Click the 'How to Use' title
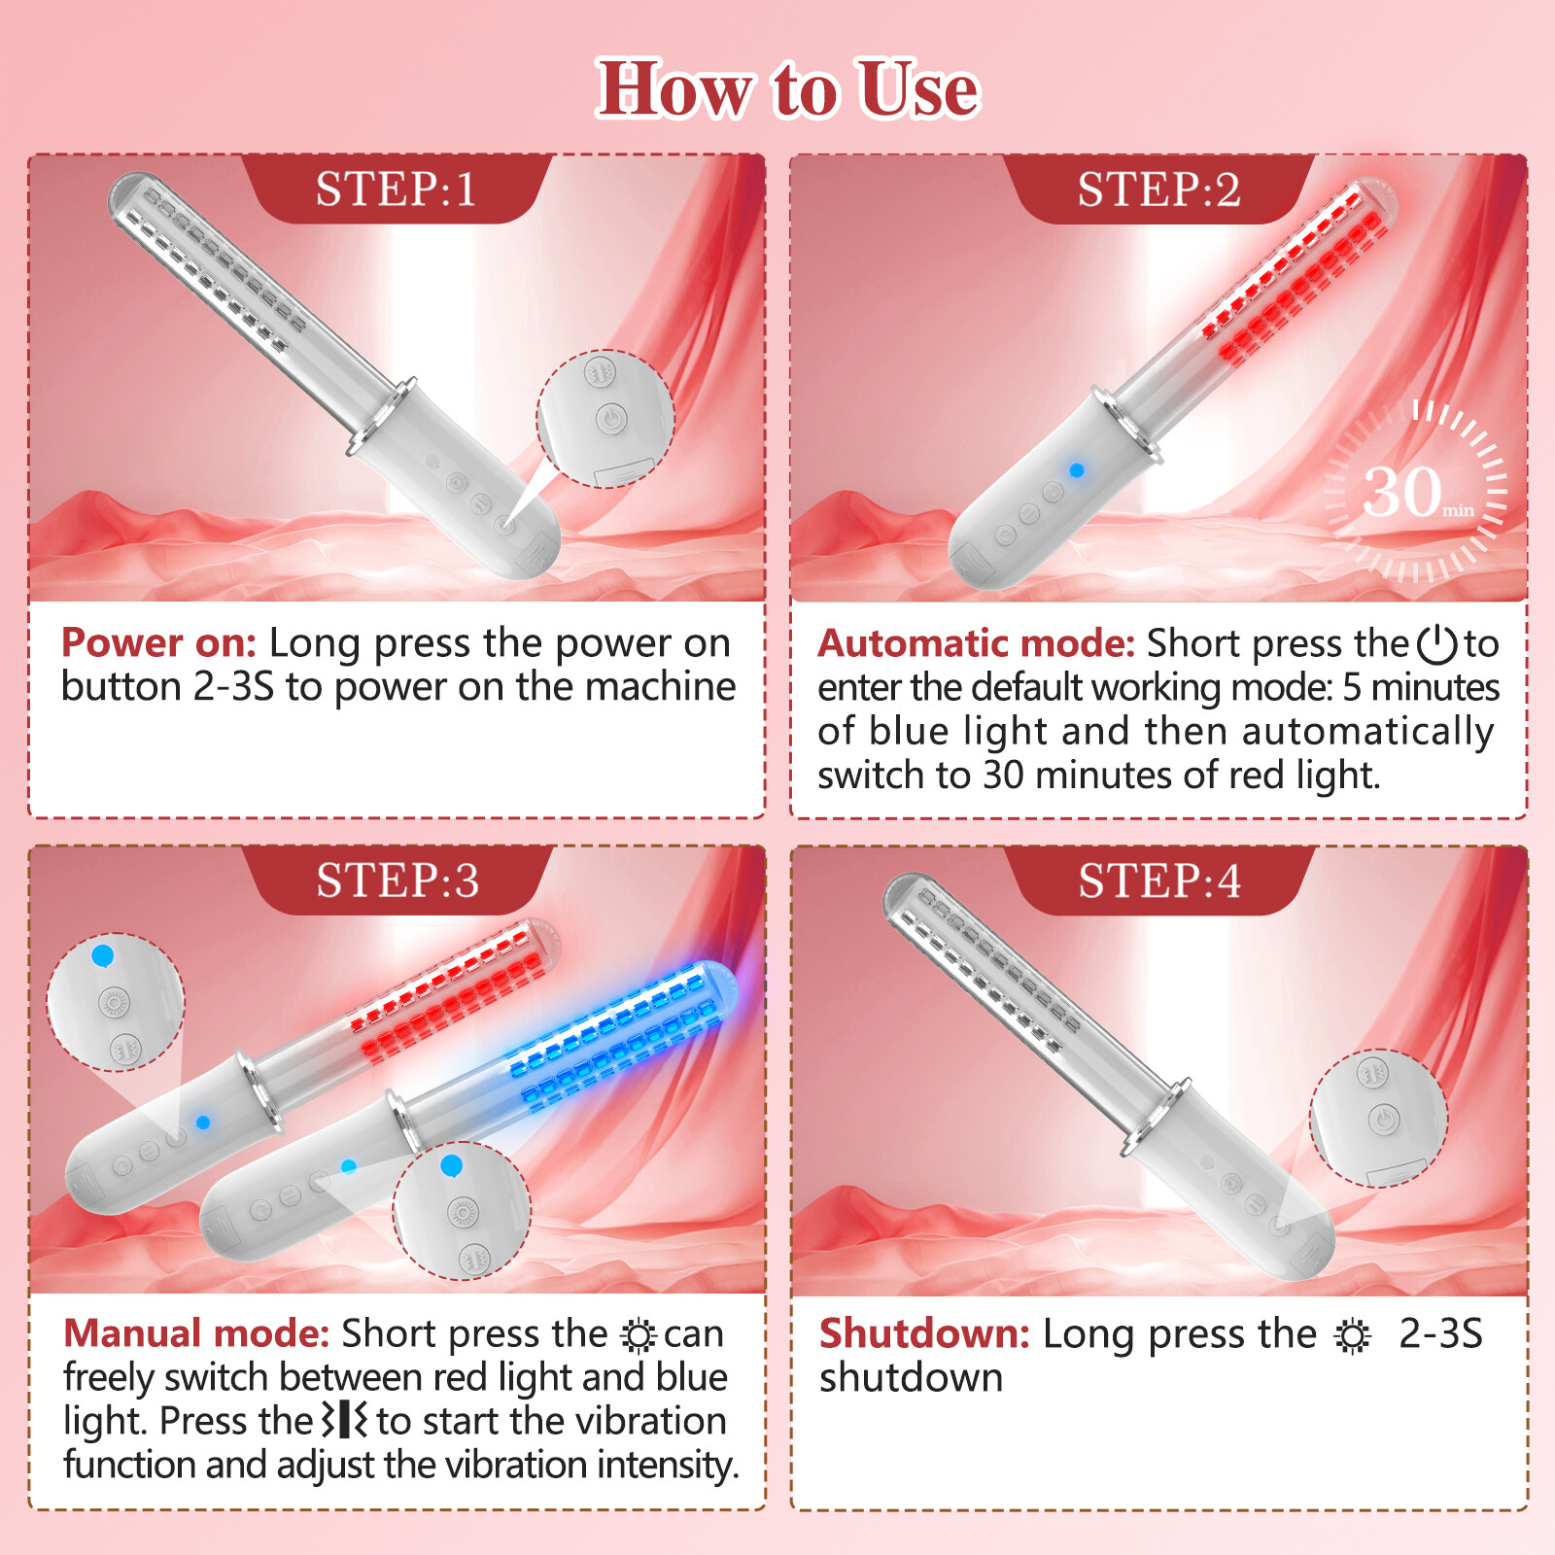(787, 89)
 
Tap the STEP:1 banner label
(396, 190)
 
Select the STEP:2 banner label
(1158, 190)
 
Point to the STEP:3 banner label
(397, 881)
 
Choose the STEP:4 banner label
(1158, 881)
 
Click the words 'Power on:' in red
(158, 643)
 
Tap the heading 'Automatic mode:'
(976, 643)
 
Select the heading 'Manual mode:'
(196, 1333)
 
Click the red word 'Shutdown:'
(924, 1333)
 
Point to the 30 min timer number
(1403, 492)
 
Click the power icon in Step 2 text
(1436, 644)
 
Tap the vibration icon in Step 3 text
(345, 1420)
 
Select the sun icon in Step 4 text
(1352, 1336)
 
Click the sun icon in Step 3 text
(639, 1336)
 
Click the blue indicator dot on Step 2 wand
(1077, 470)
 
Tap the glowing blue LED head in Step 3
(622, 1040)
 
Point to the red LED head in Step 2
(1297, 277)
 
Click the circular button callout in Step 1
(605, 418)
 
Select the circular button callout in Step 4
(1378, 1118)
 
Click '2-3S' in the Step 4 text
(1440, 1333)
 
